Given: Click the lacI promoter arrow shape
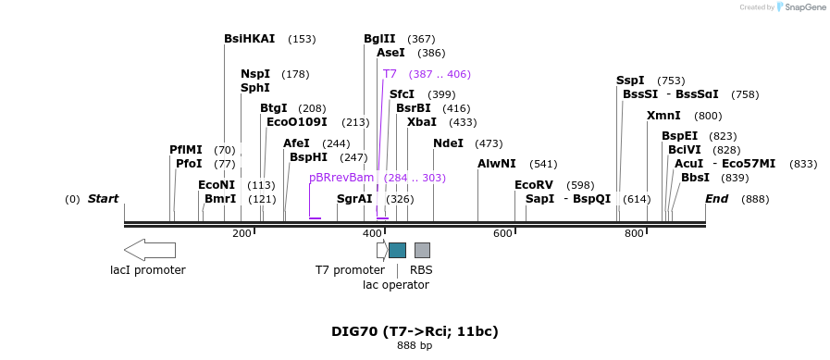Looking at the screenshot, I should pyautogui.click(x=149, y=250).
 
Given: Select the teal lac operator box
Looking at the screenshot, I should pyautogui.click(x=397, y=250).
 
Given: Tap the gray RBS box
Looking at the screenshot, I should pyautogui.click(x=422, y=250).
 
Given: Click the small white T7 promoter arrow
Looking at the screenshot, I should pyautogui.click(x=382, y=250).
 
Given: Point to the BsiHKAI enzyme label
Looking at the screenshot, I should pyautogui.click(x=249, y=39).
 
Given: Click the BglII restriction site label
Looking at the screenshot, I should pyautogui.click(x=379, y=39).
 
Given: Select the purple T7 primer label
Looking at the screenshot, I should pyautogui.click(x=390, y=74).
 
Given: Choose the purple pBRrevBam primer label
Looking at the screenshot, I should pyautogui.click(x=341, y=178).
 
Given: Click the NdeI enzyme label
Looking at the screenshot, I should pyautogui.click(x=448, y=143).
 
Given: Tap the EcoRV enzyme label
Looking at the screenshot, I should pyautogui.click(x=533, y=185).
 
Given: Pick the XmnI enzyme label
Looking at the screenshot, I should pyautogui.click(x=663, y=116).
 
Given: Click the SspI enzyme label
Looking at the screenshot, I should pyautogui.click(x=630, y=81).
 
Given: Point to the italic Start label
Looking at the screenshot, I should pyautogui.click(x=103, y=199).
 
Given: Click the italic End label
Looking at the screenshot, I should pyautogui.click(x=716, y=199).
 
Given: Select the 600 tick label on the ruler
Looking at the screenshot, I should pyautogui.click(x=502, y=234).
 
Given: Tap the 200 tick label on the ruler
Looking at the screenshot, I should pyautogui.click(x=242, y=234).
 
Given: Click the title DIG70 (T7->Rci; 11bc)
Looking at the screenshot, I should pyautogui.click(x=415, y=331).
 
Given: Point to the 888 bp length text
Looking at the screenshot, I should pyautogui.click(x=415, y=346).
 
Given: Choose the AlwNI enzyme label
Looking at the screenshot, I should pyautogui.click(x=497, y=164).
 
